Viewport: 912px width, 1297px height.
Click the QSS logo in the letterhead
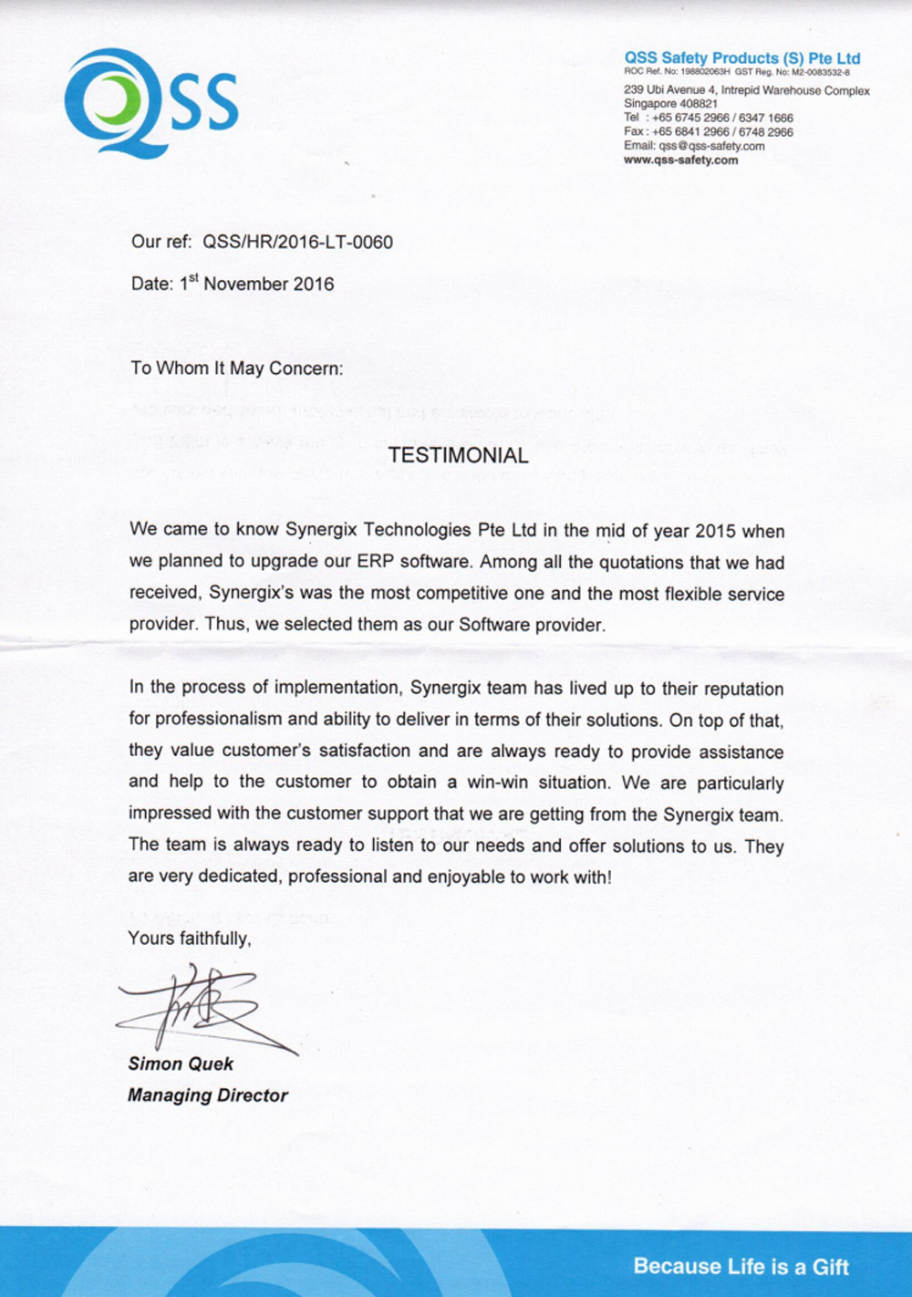tap(151, 101)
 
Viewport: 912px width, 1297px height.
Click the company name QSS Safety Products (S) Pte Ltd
tap(741, 58)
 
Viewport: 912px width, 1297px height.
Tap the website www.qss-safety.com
tap(680, 161)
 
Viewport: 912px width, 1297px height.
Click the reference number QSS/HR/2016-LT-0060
tap(297, 243)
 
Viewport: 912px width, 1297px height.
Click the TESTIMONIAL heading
tap(458, 456)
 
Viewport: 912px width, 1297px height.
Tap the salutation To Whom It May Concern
tap(237, 368)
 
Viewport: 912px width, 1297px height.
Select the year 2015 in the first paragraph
tap(715, 531)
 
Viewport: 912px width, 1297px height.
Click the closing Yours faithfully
tap(189, 939)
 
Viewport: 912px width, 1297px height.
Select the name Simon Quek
tap(181, 1064)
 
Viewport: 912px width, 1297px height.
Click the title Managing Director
tap(208, 1095)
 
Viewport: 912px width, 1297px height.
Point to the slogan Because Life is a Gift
tap(741, 1267)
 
